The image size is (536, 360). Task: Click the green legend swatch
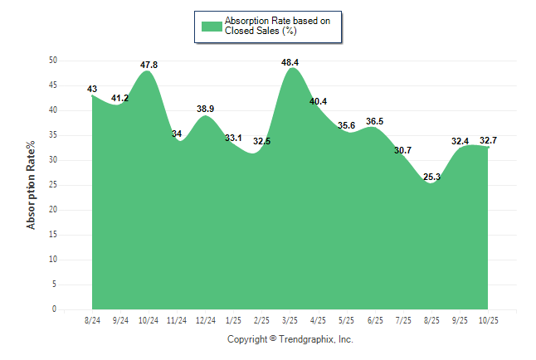(212, 26)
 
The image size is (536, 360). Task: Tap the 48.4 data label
(290, 62)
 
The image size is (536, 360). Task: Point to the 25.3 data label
(431, 177)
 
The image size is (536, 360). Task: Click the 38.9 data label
(205, 109)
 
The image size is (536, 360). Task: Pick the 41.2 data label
(119, 99)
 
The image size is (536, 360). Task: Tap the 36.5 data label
(374, 121)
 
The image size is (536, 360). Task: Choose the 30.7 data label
(402, 150)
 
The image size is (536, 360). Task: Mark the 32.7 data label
(488, 140)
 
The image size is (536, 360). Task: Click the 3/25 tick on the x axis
(290, 320)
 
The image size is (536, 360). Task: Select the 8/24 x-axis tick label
(92, 320)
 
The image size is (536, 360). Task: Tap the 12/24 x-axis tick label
(204, 320)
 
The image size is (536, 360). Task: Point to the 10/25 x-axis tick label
(487, 320)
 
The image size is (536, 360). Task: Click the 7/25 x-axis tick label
(402, 320)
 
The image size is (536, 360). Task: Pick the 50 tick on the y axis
(53, 61)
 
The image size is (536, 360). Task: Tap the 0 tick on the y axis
(55, 309)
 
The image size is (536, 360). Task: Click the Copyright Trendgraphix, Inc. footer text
(290, 339)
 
